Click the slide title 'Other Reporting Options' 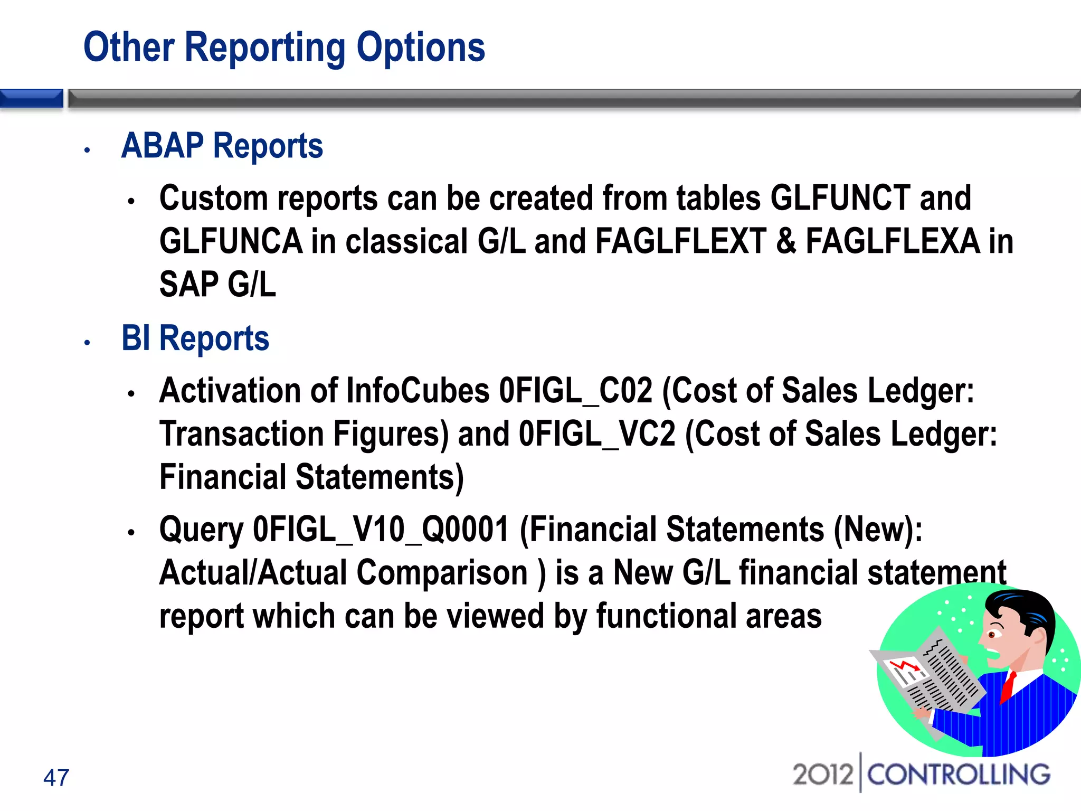click(x=284, y=48)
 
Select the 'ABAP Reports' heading click(x=222, y=146)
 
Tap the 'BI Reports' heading click(x=195, y=338)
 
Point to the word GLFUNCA click(x=231, y=242)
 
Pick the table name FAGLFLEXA click(x=893, y=242)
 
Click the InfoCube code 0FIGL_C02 click(x=575, y=391)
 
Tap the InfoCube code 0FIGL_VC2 click(x=596, y=435)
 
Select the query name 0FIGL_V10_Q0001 click(x=381, y=530)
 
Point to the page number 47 click(x=56, y=778)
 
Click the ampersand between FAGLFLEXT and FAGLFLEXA click(x=786, y=242)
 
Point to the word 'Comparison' click(x=442, y=573)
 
